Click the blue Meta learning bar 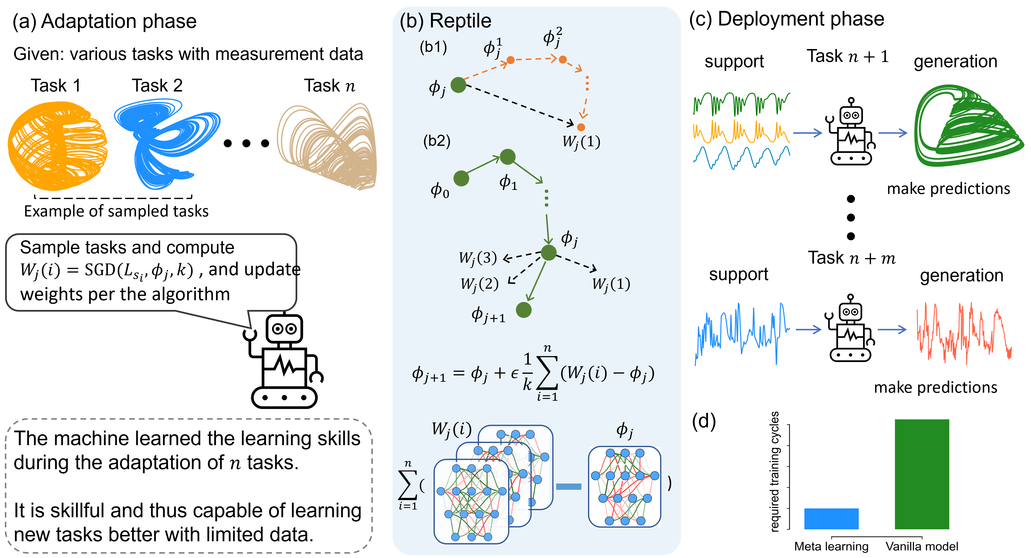coord(831,518)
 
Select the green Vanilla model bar coord(922,474)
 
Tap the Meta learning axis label coord(831,546)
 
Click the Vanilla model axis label coord(922,546)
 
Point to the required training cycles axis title coord(775,472)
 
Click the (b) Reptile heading coord(445,21)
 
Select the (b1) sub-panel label coord(433,47)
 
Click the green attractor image coord(971,122)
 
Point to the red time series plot coord(964,333)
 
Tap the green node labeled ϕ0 coord(461,178)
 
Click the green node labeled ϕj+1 coord(523,310)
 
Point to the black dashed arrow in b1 coord(520,103)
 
